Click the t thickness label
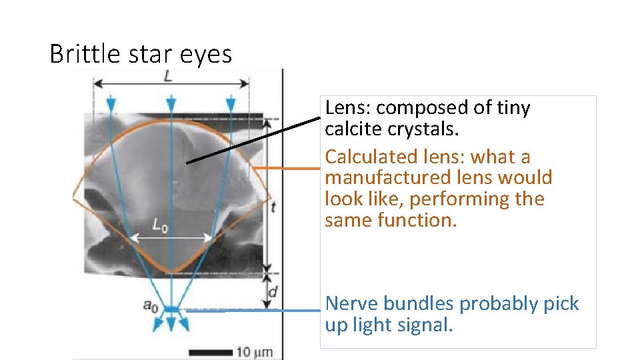coord(273,207)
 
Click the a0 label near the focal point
coord(151,305)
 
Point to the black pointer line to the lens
coord(253,140)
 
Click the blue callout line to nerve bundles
coord(253,310)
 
